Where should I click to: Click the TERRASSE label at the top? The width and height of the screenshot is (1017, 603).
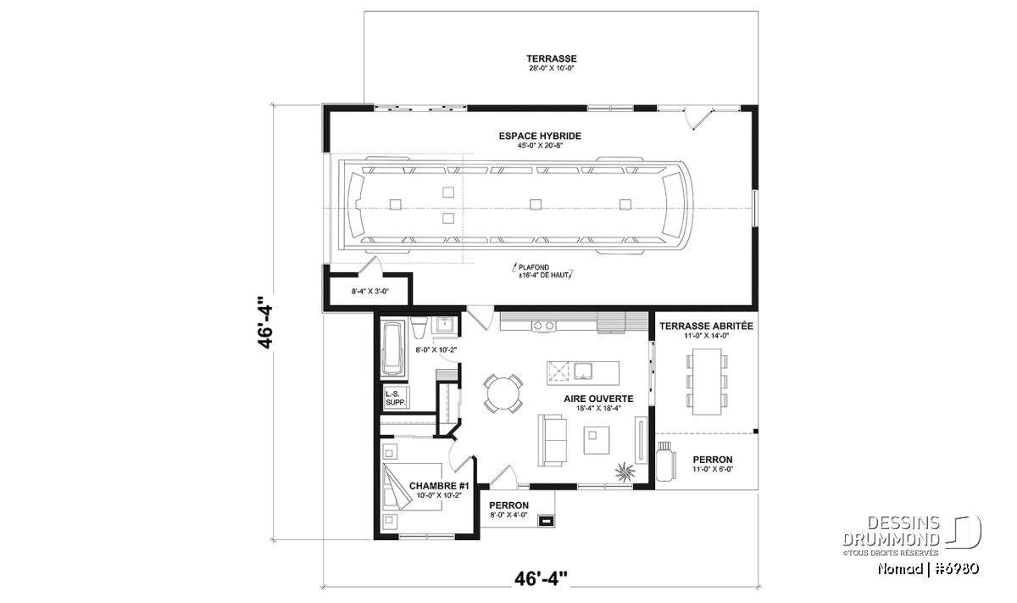[x=552, y=59]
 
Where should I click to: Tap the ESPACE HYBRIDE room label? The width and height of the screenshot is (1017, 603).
[x=540, y=136]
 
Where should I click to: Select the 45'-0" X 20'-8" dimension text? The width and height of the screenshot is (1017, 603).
[x=540, y=145]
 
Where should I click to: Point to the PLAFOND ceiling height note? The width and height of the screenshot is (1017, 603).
[x=543, y=271]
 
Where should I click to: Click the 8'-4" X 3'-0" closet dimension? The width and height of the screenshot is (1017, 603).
[x=370, y=291]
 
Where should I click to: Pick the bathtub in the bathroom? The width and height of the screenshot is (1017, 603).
[x=393, y=349]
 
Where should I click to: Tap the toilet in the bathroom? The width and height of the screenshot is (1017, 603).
[x=419, y=327]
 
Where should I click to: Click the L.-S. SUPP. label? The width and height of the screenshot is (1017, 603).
[x=395, y=399]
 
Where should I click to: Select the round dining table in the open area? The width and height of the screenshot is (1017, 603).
[x=503, y=394]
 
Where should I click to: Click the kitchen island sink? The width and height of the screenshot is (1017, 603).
[x=583, y=371]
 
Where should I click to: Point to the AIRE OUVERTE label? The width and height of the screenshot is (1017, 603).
[x=598, y=399]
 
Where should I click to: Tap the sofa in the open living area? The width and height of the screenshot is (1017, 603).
[x=553, y=440]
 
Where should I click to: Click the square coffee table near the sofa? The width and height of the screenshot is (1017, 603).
[x=597, y=440]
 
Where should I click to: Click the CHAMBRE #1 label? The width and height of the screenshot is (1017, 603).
[x=439, y=486]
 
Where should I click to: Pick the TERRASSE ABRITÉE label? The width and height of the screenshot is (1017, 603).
[x=706, y=327]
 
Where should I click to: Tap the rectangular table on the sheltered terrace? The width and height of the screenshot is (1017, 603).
[x=707, y=382]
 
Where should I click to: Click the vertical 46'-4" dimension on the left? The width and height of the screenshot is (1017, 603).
[x=265, y=322]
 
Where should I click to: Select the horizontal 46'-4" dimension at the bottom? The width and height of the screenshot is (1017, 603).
[x=542, y=578]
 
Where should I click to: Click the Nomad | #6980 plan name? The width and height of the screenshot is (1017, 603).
[x=928, y=568]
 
